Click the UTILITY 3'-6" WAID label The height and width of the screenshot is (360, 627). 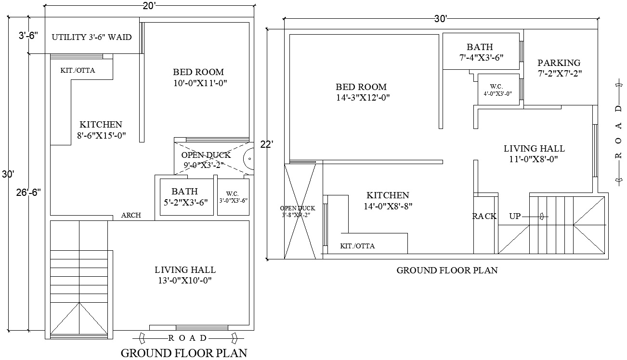tap(91, 37)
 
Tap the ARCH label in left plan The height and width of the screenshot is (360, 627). tap(131, 215)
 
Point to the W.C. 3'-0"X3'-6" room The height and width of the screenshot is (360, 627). tap(234, 197)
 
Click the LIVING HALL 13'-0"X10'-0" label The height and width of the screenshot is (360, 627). tap(185, 275)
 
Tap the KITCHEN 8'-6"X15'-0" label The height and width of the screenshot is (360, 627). tap(101, 130)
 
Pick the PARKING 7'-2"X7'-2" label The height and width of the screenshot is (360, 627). tap(559, 68)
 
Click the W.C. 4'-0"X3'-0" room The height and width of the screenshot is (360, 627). tap(497, 90)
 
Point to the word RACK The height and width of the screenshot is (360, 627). tap(484, 217)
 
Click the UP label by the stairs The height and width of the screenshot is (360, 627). tap(515, 217)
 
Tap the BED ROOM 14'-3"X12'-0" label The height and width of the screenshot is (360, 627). tap(362, 92)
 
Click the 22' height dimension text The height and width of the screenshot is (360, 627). tap(267, 144)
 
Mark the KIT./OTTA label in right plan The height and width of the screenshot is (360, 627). tap(357, 246)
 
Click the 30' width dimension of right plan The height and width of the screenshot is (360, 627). tap(440, 19)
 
